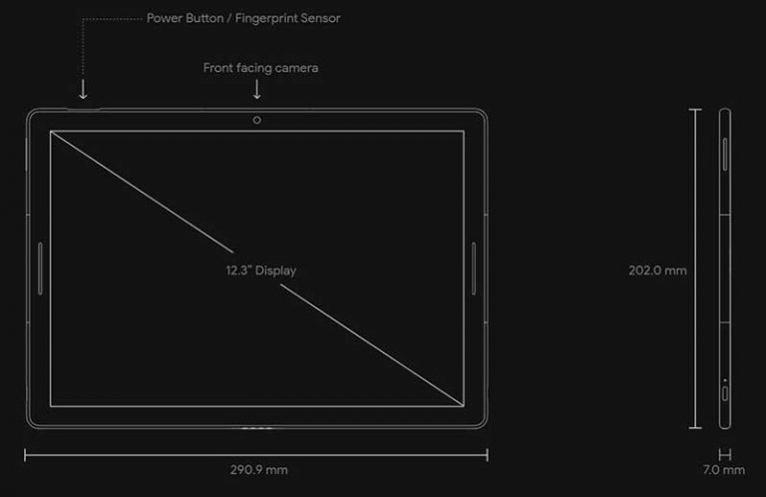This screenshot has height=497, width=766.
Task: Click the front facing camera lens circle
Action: coord(257,120)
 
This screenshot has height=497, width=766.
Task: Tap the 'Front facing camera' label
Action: coord(260,68)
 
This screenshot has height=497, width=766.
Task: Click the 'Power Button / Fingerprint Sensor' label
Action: coord(243,18)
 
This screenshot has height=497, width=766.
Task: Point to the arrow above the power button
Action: coord(83,91)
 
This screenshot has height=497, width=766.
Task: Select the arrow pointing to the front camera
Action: coord(257,90)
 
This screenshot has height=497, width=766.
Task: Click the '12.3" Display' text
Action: coord(260,269)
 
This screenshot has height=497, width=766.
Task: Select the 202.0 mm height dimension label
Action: coord(657,269)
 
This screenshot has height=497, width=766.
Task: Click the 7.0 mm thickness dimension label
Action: coord(723,470)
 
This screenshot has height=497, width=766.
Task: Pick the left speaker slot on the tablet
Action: coord(39,268)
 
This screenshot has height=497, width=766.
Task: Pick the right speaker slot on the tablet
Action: coord(475,268)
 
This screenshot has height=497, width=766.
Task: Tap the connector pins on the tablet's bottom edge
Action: coord(257,429)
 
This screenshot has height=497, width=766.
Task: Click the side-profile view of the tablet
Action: coord(723,269)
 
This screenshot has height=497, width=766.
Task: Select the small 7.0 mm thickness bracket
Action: coord(724,454)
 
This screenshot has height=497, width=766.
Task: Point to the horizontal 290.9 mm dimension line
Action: coord(150,455)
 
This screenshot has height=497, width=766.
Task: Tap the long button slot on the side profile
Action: coord(725,155)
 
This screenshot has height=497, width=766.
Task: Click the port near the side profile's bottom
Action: coord(725,390)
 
